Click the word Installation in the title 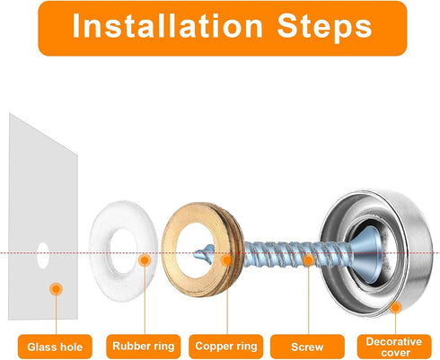click(x=168, y=26)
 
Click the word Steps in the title click(x=324, y=26)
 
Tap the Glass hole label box click(x=55, y=347)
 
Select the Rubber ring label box click(x=144, y=347)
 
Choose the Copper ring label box click(x=226, y=347)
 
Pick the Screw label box click(x=307, y=347)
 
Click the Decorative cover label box click(x=394, y=347)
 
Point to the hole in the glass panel click(x=43, y=255)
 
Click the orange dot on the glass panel click(x=56, y=289)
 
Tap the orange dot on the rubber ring click(x=145, y=260)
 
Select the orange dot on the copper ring click(x=227, y=260)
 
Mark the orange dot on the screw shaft click(x=308, y=260)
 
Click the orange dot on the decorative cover click(x=395, y=307)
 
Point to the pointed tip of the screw click(x=194, y=255)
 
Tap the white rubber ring click(x=101, y=251)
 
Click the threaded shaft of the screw click(x=296, y=254)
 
